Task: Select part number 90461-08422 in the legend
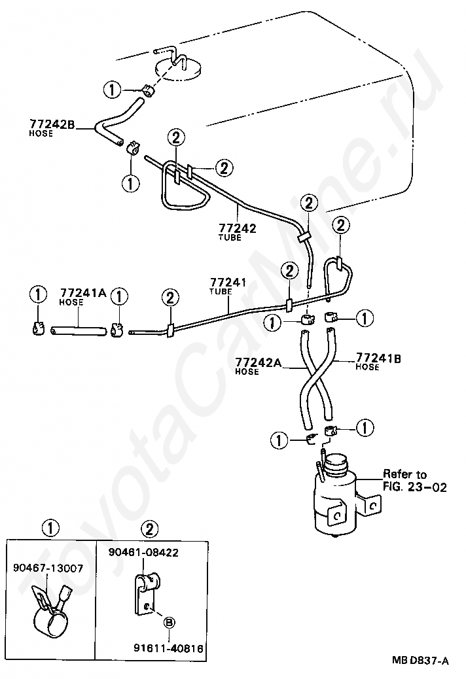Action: click(143, 553)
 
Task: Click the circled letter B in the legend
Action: click(169, 621)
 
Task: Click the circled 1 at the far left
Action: click(38, 296)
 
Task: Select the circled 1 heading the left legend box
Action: click(52, 527)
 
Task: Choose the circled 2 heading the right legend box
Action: click(149, 527)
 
